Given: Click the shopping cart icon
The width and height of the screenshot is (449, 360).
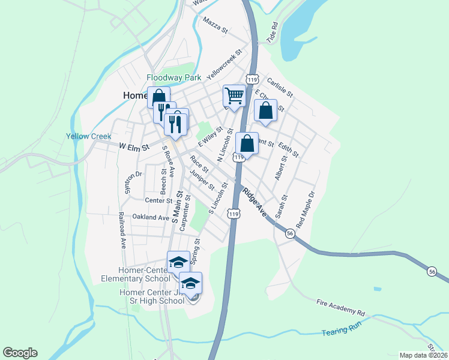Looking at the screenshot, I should coord(234,95).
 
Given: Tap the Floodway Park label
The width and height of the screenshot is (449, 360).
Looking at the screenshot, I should coord(175,77).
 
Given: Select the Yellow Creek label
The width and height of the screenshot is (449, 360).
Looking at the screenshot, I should coord(89,136).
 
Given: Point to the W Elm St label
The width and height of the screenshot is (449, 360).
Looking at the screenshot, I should coord(133,146).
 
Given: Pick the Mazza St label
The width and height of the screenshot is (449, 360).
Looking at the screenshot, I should coord(216,25).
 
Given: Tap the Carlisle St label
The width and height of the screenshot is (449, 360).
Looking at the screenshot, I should coord(280,87).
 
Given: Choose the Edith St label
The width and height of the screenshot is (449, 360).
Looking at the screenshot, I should coord(289,150).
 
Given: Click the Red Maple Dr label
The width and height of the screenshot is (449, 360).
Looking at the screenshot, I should coord(305,206).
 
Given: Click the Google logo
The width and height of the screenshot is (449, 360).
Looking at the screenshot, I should coord(20,353).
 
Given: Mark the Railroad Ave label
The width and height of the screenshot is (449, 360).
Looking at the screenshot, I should coord(122,230).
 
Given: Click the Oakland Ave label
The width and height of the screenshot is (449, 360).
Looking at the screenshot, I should coord(151,217).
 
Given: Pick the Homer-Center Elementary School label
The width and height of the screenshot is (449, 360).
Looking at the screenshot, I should coord(145,274).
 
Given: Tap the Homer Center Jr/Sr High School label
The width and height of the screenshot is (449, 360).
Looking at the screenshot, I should coord(152,296).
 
